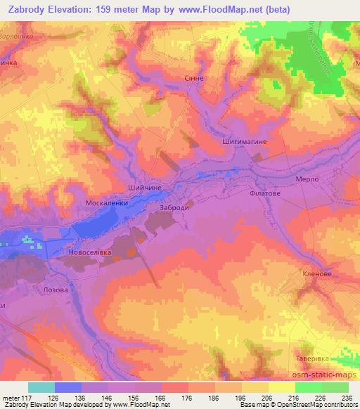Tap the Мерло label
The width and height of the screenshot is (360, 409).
pos(307,179)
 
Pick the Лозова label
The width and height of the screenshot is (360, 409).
pos(56,290)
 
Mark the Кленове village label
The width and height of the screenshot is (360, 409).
pos(316,274)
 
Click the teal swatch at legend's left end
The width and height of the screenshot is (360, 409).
pos(41,387)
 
